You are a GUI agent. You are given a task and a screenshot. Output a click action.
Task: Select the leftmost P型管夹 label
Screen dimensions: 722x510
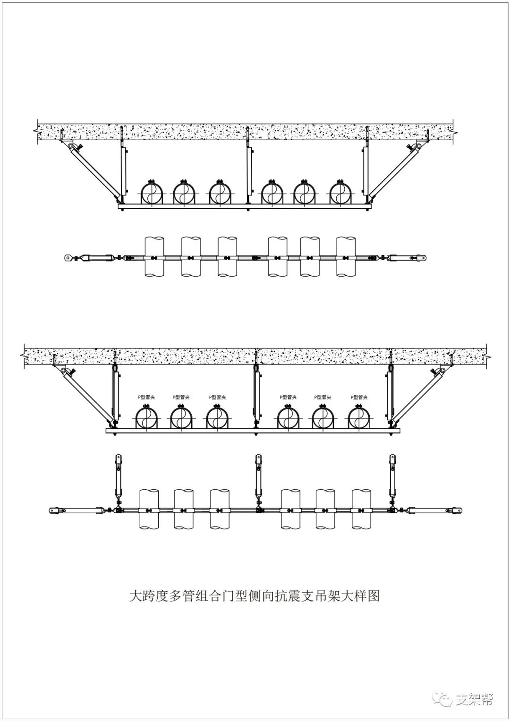point(146,398)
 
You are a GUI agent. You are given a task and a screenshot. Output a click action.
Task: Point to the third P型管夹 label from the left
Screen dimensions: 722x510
point(217,398)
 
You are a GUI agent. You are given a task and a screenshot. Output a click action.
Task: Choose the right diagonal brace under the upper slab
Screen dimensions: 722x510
point(394,170)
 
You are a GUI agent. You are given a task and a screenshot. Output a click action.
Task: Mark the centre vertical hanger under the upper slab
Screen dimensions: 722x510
point(248,172)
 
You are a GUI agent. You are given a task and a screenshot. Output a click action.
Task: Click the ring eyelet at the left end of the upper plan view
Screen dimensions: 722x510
point(68,258)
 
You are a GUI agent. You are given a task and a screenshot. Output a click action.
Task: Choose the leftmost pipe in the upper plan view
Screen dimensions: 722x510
point(154,256)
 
